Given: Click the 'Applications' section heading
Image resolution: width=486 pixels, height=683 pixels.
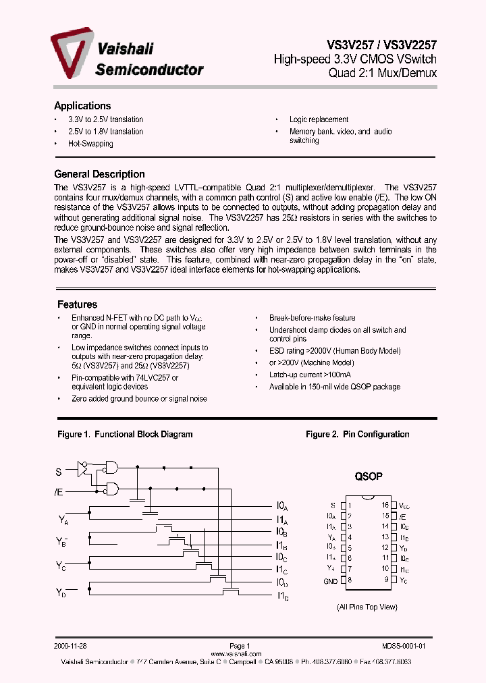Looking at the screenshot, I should pyautogui.click(x=82, y=106).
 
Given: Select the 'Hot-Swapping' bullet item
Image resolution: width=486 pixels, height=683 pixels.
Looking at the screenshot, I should pyautogui.click(x=90, y=144).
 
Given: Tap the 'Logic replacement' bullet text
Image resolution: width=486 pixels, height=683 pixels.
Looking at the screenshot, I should pyautogui.click(x=319, y=119).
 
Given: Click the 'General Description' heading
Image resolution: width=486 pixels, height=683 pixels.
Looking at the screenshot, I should pyautogui.click(x=99, y=174).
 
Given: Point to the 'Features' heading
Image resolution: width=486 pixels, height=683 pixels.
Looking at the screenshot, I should pyautogui.click(x=77, y=304).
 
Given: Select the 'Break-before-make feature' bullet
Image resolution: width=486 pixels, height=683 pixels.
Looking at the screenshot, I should pyautogui.click(x=312, y=318).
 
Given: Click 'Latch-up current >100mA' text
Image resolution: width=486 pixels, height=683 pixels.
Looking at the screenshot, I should pyautogui.click(x=310, y=375).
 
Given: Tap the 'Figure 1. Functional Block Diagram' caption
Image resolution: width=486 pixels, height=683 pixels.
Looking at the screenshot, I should pyautogui.click(x=125, y=435).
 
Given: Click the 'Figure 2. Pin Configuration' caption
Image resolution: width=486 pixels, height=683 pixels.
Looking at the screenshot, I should pyautogui.click(x=357, y=435).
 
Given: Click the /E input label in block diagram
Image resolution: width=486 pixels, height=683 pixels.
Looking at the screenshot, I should pyautogui.click(x=59, y=492).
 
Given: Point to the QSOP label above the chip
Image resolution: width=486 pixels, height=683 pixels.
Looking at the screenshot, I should pyautogui.click(x=369, y=476).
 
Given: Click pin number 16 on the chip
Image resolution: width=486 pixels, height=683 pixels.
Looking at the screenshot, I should pyautogui.click(x=385, y=505).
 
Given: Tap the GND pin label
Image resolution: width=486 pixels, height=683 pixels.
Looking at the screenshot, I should pyautogui.click(x=330, y=580).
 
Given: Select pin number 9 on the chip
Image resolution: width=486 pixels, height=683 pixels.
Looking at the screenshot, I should pyautogui.click(x=387, y=580).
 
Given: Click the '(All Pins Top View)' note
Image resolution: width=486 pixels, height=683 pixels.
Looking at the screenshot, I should pyautogui.click(x=367, y=607).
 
